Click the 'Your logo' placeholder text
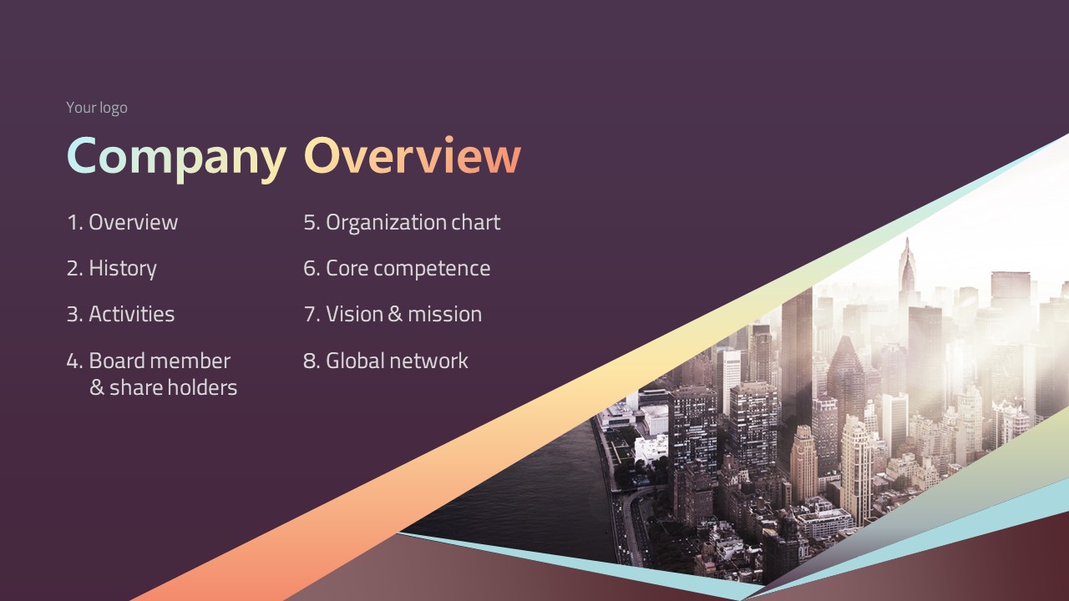tap(97, 108)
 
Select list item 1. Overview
tap(122, 222)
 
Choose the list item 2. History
tap(112, 269)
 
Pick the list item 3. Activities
tap(121, 314)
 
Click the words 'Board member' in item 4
tap(160, 361)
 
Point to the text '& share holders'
tap(163, 387)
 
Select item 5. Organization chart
tap(402, 223)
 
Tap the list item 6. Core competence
tap(397, 269)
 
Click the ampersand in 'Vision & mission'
tap(395, 314)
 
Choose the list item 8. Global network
tap(386, 361)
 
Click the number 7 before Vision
tap(310, 315)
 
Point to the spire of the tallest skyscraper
tap(907, 245)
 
